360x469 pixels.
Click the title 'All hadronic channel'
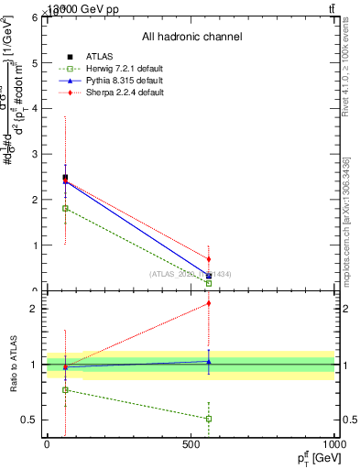click(x=191, y=37)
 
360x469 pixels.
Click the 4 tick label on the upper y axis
click(x=34, y=109)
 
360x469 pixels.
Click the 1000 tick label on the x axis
click(x=334, y=443)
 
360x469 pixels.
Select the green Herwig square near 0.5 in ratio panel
click(x=209, y=419)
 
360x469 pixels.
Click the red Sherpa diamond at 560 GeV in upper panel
click(x=209, y=259)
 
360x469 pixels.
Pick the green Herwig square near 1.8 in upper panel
click(x=65, y=208)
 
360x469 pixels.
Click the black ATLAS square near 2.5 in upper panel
click(x=65, y=178)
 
